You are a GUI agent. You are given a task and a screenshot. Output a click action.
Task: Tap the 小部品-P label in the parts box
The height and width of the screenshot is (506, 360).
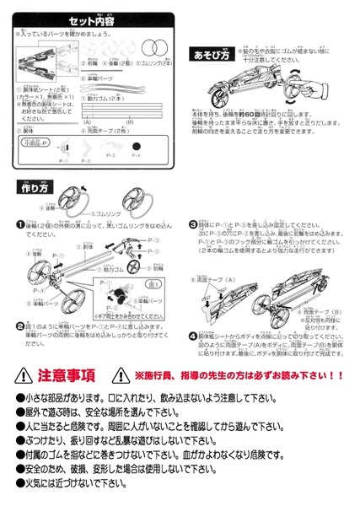(39, 145)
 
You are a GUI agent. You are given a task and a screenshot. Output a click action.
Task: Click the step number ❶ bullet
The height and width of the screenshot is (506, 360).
(19, 224)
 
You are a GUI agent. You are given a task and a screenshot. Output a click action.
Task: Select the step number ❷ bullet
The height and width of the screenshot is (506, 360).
(19, 325)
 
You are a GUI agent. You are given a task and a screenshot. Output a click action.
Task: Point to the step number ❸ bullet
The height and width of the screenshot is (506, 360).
(192, 224)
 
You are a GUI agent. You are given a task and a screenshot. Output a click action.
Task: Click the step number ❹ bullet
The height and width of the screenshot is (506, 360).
(192, 335)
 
